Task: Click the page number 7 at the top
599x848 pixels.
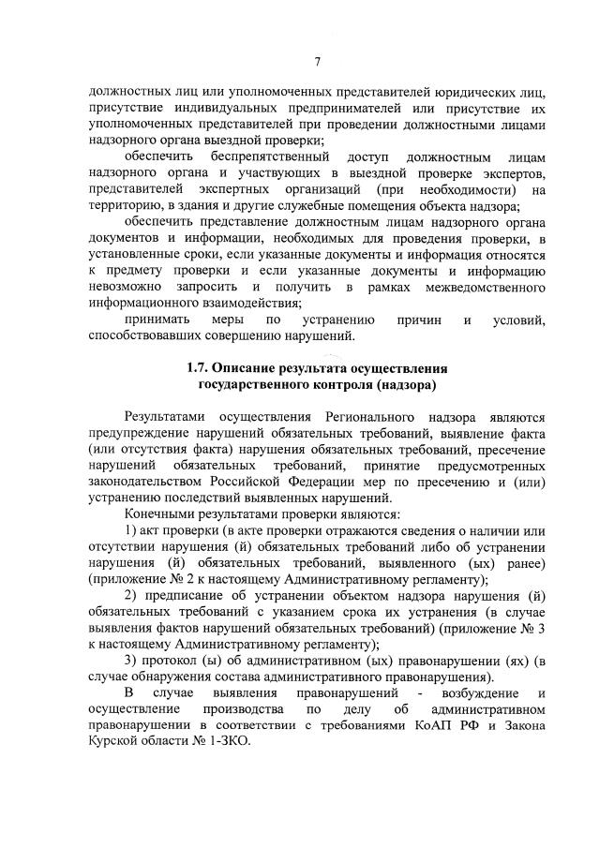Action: click(x=318, y=61)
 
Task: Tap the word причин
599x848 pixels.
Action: click(x=420, y=320)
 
